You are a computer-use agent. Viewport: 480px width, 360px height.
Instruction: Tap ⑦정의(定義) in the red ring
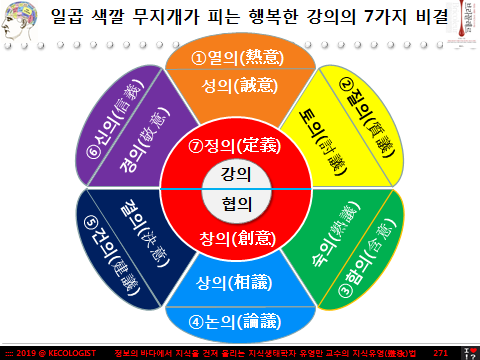240,146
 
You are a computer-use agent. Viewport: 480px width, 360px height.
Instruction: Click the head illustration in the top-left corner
21,22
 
